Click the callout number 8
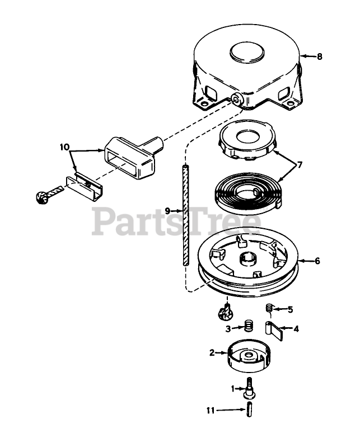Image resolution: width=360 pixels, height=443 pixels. [x=319, y=56]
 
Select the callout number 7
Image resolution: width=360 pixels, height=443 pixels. [x=300, y=165]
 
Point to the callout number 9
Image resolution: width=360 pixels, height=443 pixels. [x=167, y=211]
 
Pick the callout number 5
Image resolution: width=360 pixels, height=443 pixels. [x=291, y=309]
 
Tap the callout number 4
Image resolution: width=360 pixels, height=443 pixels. [x=296, y=329]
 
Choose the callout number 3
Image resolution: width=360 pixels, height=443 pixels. [x=228, y=329]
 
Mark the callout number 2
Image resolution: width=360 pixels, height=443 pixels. [x=212, y=353]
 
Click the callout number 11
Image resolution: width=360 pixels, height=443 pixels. [x=209, y=410]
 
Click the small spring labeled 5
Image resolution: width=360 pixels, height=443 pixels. [x=269, y=308]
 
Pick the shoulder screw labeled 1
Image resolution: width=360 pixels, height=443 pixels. [x=249, y=388]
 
